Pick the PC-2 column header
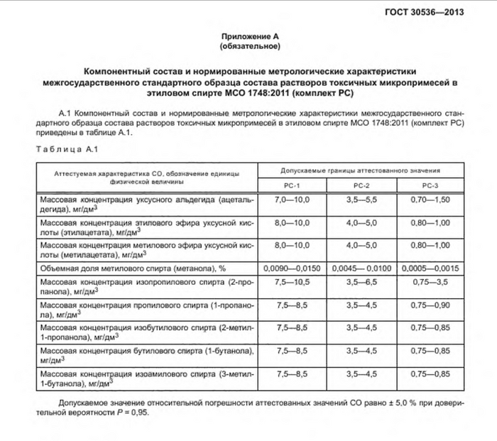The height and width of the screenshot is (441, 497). tap(362, 185)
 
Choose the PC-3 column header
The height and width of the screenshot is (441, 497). tap(431, 185)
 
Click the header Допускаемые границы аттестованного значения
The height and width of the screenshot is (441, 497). tap(361, 171)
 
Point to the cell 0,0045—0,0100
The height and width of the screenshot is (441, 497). tap(362, 268)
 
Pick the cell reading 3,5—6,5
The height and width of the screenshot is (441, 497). tap(362, 284)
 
